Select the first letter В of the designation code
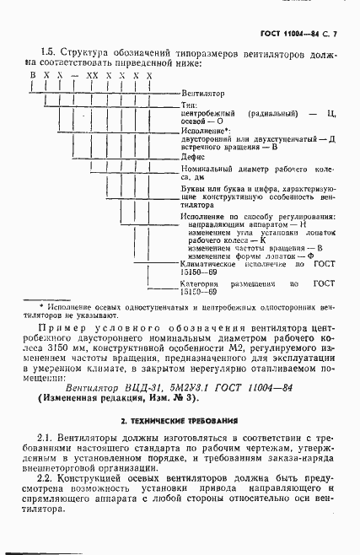pyautogui.click(x=33, y=76)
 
